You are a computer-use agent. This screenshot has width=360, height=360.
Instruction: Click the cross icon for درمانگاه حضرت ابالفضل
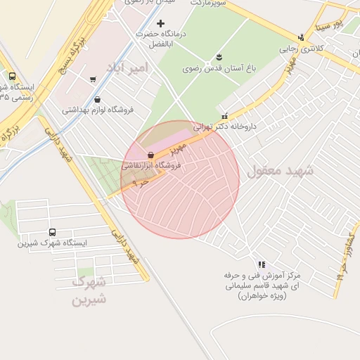coord(160,24)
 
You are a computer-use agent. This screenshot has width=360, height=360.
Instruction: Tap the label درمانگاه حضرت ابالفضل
coord(160,38)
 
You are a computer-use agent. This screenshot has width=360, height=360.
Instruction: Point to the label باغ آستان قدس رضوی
coord(212,68)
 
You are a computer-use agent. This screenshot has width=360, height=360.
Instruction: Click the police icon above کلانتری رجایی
coord(302,38)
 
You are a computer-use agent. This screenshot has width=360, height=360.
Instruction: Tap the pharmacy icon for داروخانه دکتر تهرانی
coord(224,117)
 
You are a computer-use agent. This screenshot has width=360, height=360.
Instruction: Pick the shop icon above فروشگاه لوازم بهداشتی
coord(96,100)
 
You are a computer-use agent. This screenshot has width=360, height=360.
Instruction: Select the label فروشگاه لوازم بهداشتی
coord(94,110)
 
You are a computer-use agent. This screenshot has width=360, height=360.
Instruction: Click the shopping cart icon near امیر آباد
coord(93,79)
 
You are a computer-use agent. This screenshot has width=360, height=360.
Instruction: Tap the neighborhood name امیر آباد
coord(127,67)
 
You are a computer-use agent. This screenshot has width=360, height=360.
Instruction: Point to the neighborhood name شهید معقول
coord(275,170)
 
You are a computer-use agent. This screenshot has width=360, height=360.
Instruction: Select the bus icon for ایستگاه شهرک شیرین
coord(52,233)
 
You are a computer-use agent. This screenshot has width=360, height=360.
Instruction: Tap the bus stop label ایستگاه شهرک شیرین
coord(52,243)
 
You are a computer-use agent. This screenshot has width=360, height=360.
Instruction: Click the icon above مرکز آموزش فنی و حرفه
coord(262,264)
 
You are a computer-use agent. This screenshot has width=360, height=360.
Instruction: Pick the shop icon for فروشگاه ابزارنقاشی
coord(150,155)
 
